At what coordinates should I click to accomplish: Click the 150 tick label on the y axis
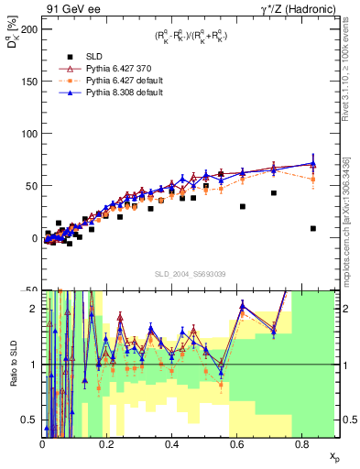27,82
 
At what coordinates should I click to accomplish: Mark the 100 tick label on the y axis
27,134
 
